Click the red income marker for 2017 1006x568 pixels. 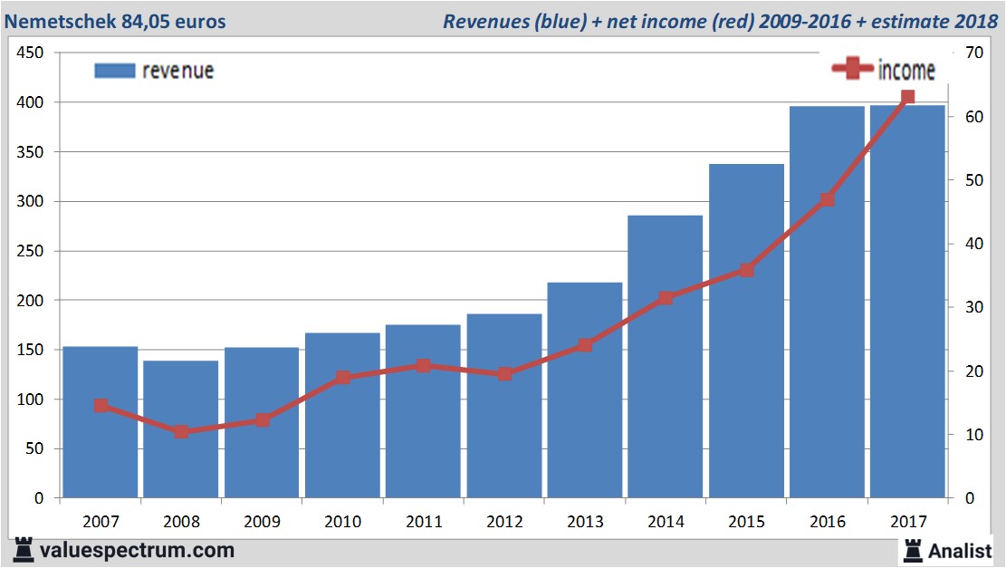(907, 97)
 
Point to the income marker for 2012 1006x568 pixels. (504, 373)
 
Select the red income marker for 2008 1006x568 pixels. (181, 431)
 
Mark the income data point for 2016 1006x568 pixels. (827, 199)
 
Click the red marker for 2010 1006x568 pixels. (343, 378)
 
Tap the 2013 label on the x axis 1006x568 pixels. (585, 522)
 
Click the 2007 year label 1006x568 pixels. (101, 522)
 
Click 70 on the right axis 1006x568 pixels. (974, 53)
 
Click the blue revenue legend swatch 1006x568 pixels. (114, 71)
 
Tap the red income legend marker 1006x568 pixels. (852, 68)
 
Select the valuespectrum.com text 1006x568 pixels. (138, 550)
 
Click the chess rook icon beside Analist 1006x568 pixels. (912, 550)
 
